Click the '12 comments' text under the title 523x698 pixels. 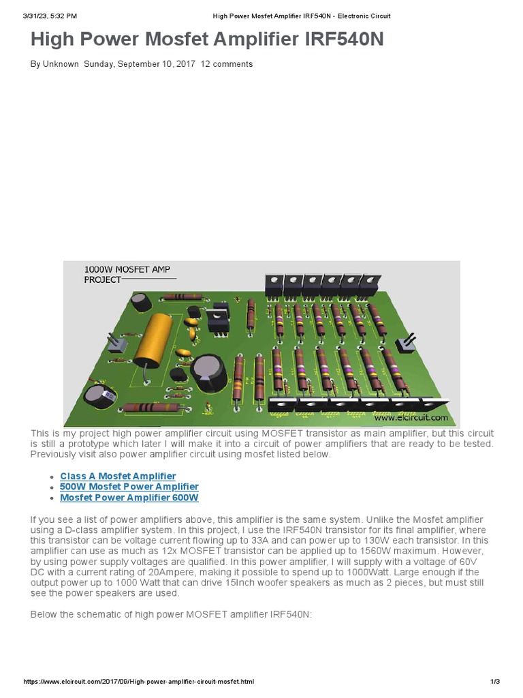point(227,64)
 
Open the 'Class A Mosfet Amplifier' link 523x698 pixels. point(118,476)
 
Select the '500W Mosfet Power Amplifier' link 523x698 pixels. point(129,487)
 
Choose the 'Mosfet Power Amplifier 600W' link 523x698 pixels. point(129,498)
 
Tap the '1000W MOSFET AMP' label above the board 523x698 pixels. point(127,270)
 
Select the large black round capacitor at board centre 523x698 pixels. point(205,372)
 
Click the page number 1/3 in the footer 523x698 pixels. point(495,682)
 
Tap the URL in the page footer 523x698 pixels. point(139,682)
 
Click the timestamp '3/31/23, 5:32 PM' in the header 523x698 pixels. point(50,16)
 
